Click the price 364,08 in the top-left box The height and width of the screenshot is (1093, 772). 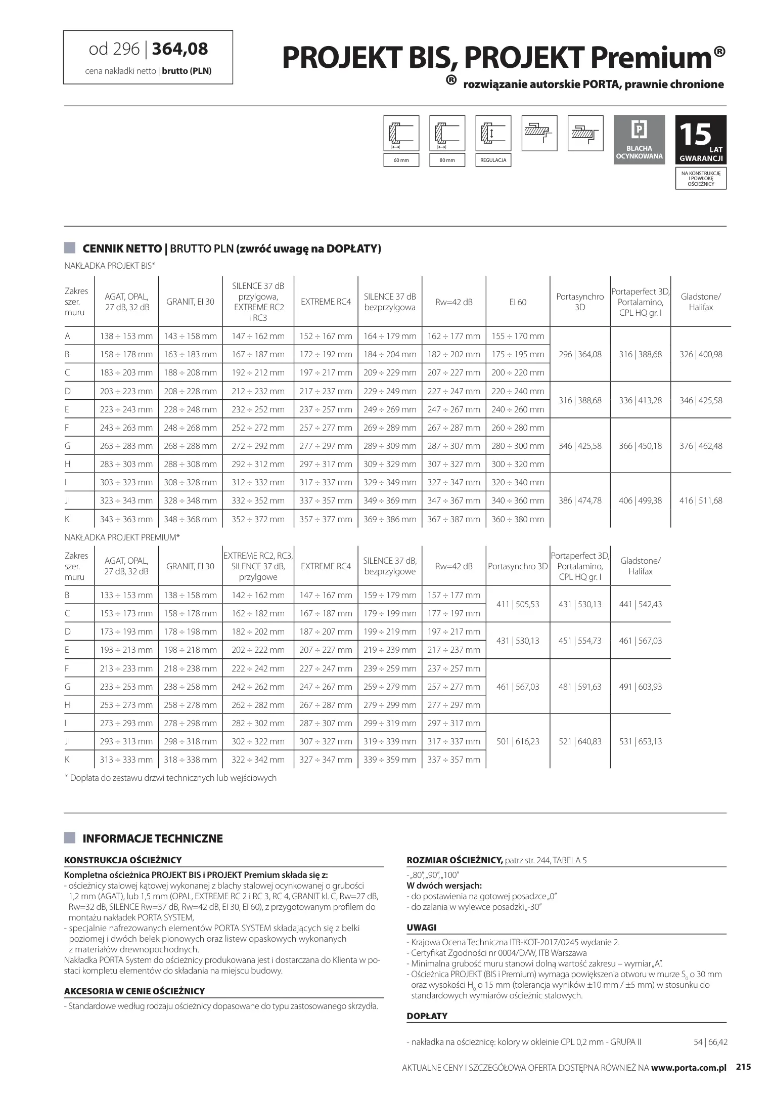click(x=180, y=49)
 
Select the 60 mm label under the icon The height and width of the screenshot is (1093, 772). click(x=401, y=160)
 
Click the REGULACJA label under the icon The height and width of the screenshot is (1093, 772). click(x=493, y=160)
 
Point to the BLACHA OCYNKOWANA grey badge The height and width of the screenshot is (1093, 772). click(x=639, y=140)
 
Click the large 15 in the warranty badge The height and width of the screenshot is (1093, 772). click(x=695, y=135)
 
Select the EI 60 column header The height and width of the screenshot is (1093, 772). click(x=518, y=302)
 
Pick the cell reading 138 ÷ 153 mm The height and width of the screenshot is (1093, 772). click(x=126, y=336)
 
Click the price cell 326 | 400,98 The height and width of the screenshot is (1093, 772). click(x=701, y=354)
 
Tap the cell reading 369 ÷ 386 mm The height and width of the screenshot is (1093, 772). click(x=390, y=519)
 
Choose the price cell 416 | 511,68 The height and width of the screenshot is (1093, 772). click(x=701, y=500)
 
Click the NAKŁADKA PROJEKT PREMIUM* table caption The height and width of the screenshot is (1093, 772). click(x=122, y=537)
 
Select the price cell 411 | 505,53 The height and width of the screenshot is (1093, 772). click(x=518, y=604)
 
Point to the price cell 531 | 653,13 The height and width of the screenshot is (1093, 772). click(x=640, y=741)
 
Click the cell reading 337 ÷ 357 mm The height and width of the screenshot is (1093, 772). click(x=453, y=760)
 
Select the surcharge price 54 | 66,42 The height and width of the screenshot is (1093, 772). click(x=710, y=1042)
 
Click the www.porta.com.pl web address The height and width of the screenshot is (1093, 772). click(x=688, y=1068)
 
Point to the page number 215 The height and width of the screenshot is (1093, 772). click(x=743, y=1067)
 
